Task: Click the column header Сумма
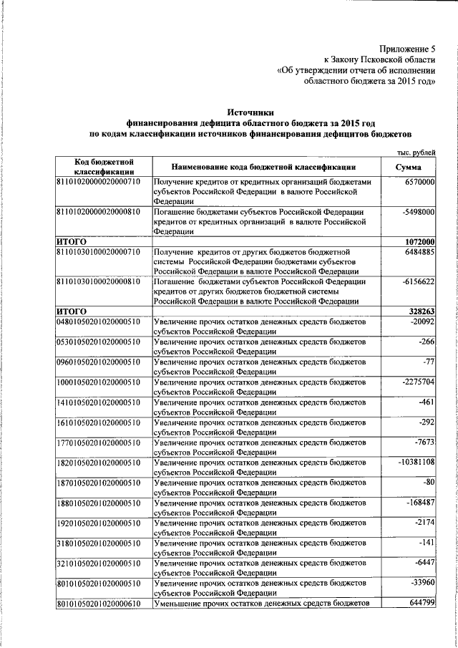(412, 167)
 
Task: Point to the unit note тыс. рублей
(416, 152)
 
